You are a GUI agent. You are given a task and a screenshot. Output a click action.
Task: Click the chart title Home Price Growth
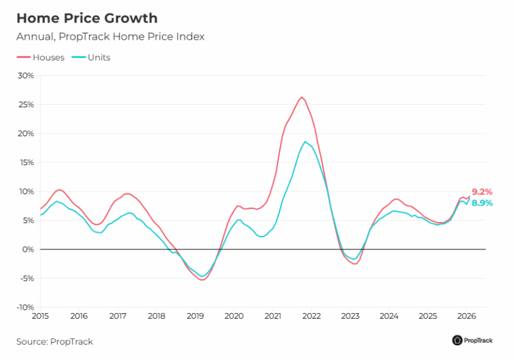(86, 18)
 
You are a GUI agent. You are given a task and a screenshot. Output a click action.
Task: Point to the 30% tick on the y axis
(26, 75)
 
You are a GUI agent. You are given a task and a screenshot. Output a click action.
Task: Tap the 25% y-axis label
(26, 104)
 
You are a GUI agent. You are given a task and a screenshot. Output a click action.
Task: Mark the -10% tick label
(24, 307)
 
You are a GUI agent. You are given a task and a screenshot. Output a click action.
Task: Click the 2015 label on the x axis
(40, 316)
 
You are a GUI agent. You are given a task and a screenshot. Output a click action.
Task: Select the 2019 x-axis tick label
(195, 316)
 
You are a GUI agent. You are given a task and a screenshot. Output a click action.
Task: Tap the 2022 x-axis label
(312, 316)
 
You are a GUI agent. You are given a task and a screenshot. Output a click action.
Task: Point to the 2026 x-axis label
(467, 316)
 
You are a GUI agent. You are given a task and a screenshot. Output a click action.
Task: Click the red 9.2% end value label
(482, 192)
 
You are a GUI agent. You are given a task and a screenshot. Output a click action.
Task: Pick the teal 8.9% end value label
(482, 203)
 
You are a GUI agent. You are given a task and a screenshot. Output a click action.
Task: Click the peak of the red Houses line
(302, 97)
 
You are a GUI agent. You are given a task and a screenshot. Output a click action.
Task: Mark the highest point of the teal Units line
(305, 141)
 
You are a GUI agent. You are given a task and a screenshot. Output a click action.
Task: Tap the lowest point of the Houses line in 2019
(202, 280)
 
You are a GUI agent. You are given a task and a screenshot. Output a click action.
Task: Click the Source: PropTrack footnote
(55, 341)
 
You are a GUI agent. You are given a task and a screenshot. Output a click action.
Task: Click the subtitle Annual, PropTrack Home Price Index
(110, 37)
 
